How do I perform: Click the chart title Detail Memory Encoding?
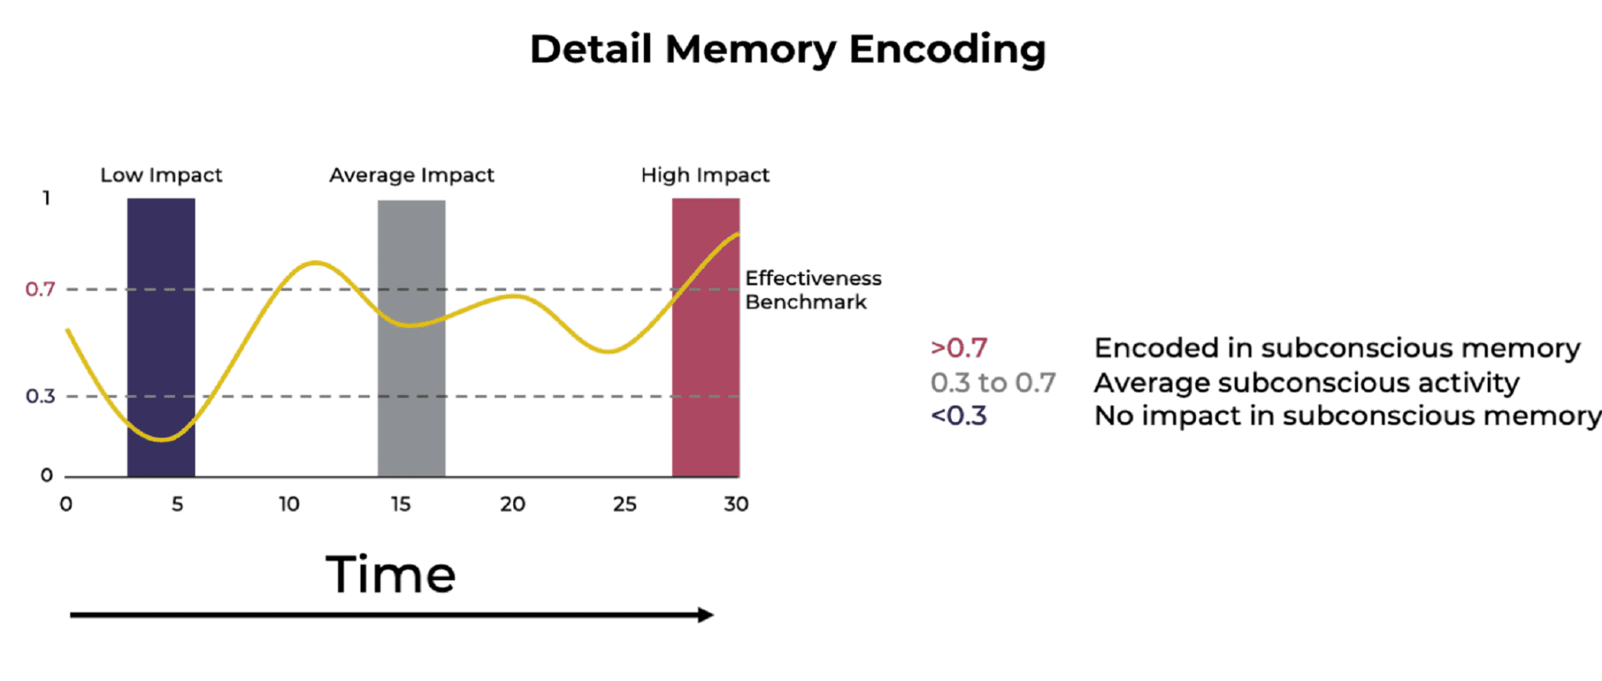788,49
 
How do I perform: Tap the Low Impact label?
161,175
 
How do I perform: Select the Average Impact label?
411,175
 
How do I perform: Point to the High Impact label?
705,175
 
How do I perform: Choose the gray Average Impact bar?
411,391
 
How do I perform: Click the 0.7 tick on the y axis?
41,289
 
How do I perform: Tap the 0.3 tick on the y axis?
41,396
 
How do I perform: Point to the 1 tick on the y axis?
47,199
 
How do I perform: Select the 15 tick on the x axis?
400,504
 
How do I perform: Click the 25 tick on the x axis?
624,504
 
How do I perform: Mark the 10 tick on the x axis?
289,504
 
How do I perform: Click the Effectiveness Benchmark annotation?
813,290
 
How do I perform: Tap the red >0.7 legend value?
959,348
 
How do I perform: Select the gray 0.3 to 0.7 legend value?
993,382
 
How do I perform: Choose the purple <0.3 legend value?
959,416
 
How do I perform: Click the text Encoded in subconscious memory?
1337,348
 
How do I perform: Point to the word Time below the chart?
390,575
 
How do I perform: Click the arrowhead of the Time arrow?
706,615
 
